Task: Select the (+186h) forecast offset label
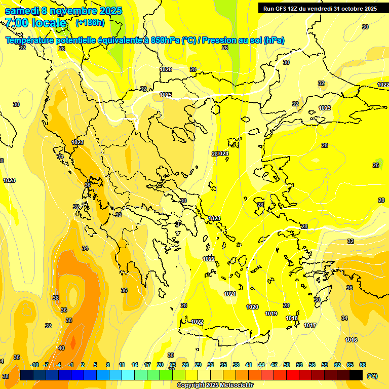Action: click(x=90, y=23)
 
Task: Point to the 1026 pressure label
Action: click(x=166, y=69)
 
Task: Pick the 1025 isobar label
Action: click(x=166, y=95)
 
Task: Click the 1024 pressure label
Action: click(x=223, y=153)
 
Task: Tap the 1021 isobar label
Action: click(x=230, y=294)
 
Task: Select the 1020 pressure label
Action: click(x=252, y=307)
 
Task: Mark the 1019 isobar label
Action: click(x=271, y=314)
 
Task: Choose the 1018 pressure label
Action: click(x=292, y=318)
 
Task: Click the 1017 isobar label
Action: click(x=310, y=325)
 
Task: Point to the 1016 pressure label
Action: click(x=351, y=340)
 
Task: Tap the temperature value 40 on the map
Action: click(x=61, y=348)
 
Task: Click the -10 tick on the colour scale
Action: click(x=34, y=365)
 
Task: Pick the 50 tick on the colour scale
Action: click(x=287, y=365)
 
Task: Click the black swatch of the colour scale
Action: click(x=356, y=375)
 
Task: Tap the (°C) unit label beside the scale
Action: click(x=372, y=375)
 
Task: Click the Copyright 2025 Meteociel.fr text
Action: click(x=215, y=385)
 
